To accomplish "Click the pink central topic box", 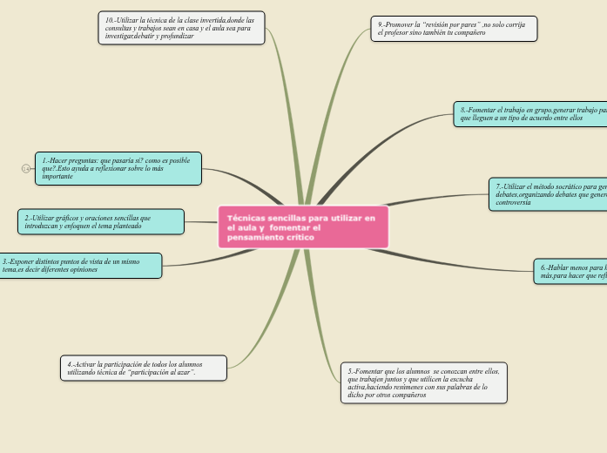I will [x=303, y=227].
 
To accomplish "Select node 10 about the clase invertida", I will [x=181, y=28].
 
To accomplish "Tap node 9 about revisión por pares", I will [x=454, y=29].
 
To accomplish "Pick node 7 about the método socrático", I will [x=548, y=194].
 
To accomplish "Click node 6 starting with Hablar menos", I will [x=570, y=271].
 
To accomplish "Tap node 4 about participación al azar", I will [x=144, y=368].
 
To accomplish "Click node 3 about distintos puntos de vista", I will [x=80, y=266].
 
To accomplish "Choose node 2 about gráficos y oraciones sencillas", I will [x=101, y=222].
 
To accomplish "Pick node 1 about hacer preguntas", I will [x=118, y=169].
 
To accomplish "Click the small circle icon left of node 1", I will [x=25, y=169].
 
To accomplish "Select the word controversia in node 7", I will [x=514, y=202].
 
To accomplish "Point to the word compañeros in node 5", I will [x=404, y=396].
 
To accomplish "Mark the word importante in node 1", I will [x=58, y=177].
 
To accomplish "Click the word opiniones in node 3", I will [x=80, y=270].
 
